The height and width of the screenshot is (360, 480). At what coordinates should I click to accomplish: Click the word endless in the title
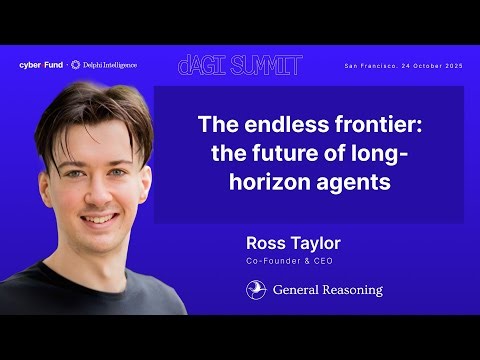coord(269,127)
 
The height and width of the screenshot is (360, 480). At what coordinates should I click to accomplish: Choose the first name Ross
coord(265,243)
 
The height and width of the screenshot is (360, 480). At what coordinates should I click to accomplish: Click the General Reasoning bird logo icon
coord(256,290)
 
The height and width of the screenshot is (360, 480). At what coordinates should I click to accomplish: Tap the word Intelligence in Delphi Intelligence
coord(117,65)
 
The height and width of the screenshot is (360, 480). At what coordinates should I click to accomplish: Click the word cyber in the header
coord(29,65)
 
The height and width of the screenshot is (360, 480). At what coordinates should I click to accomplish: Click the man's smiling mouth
coord(99,217)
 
